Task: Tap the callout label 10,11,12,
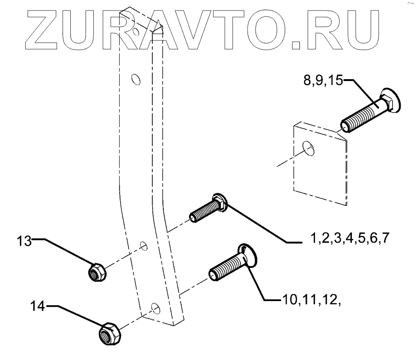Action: click(310, 300)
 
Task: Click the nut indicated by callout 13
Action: click(97, 271)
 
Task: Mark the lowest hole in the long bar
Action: click(155, 308)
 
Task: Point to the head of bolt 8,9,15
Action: click(391, 100)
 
